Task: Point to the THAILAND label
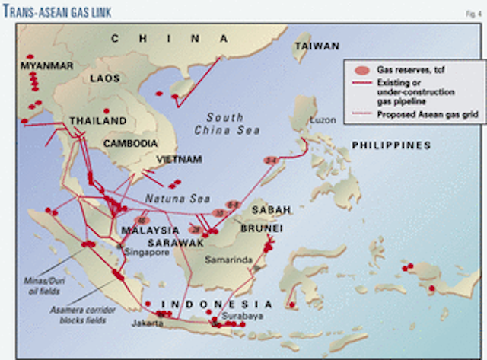(x=97, y=121)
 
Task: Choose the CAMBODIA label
(x=132, y=143)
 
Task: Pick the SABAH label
(x=259, y=208)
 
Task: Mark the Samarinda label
(x=228, y=259)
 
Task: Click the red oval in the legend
(x=361, y=69)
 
